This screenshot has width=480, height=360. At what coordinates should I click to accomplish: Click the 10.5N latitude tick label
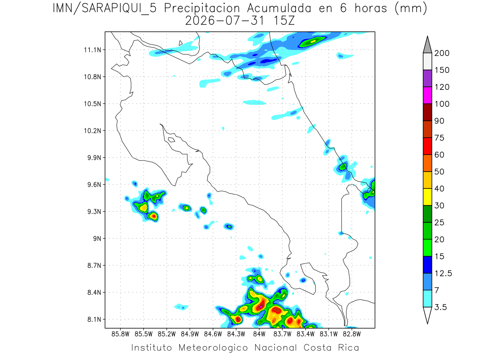pyautogui.click(x=93, y=104)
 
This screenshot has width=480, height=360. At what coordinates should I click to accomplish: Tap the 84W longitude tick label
pyautogui.click(x=259, y=334)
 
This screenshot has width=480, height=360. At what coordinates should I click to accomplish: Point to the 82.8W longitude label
pyautogui.click(x=352, y=334)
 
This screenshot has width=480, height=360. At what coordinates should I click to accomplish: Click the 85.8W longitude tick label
pyautogui.click(x=120, y=334)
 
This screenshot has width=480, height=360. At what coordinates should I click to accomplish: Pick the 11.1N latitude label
pyautogui.click(x=93, y=50)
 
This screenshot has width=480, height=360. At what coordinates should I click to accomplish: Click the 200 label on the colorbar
pyautogui.click(x=442, y=53)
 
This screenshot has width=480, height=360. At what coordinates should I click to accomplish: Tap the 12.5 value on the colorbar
pyautogui.click(x=443, y=273)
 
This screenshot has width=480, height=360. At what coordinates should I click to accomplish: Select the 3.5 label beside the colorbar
pyautogui.click(x=440, y=307)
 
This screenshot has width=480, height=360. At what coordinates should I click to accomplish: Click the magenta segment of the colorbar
pyautogui.click(x=427, y=95)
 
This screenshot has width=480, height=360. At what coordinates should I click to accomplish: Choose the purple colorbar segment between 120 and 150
pyautogui.click(x=427, y=78)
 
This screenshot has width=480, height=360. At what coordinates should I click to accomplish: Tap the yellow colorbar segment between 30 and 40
pyautogui.click(x=427, y=197)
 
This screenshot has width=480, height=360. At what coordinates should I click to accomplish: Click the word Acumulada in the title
pyautogui.click(x=279, y=8)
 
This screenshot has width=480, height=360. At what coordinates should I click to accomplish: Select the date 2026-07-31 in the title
pyautogui.click(x=225, y=21)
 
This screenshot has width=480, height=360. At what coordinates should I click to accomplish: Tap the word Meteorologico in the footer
pyautogui.click(x=213, y=348)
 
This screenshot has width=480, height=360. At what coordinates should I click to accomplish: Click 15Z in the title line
pyautogui.click(x=284, y=21)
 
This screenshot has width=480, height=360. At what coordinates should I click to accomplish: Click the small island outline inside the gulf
pyautogui.click(x=172, y=140)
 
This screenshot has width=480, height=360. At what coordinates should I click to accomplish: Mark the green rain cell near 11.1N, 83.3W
pyautogui.click(x=312, y=42)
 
